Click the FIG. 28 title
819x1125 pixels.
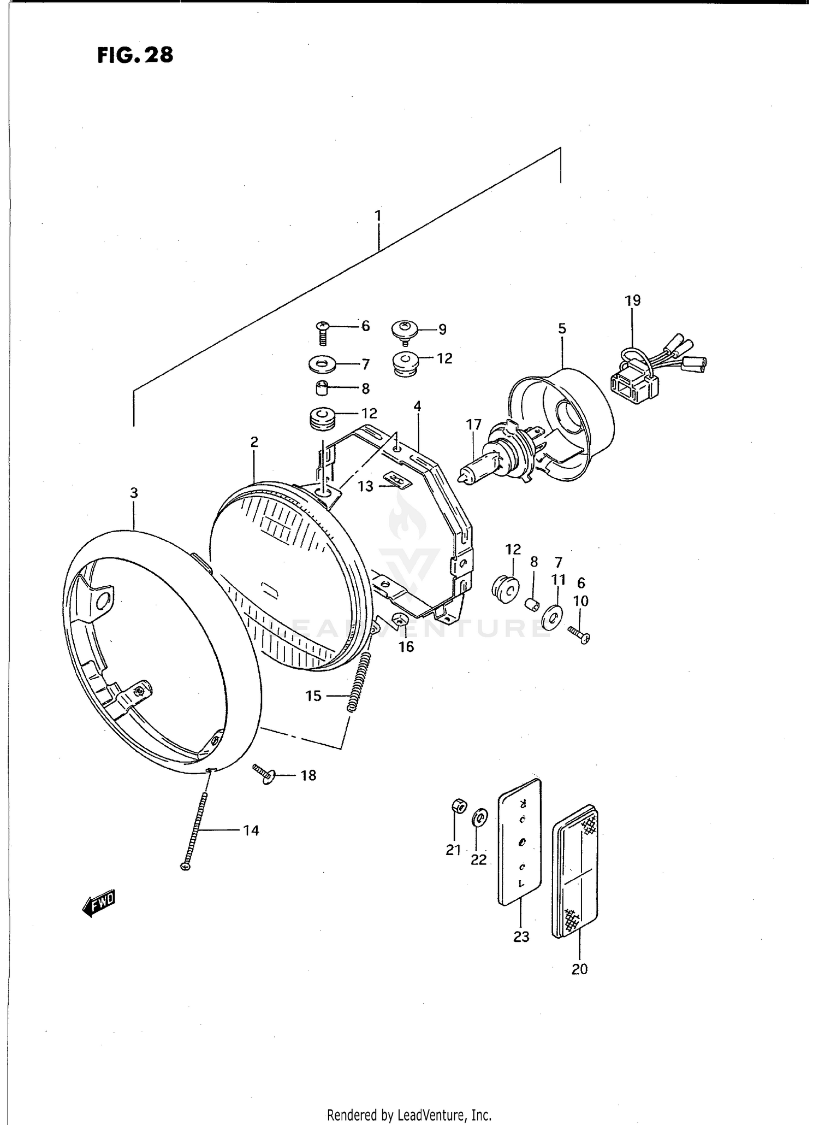135,55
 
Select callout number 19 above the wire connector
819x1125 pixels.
632,301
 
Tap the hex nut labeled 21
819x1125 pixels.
458,806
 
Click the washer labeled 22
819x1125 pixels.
479,819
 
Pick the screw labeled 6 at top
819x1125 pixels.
323,332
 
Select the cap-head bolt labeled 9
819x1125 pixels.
405,331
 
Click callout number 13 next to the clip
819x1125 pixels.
365,486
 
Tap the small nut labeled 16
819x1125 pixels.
400,621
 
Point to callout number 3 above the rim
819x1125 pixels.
134,493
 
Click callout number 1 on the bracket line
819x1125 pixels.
377,216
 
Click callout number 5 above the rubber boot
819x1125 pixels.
562,329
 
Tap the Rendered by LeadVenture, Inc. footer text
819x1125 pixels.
409,1115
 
